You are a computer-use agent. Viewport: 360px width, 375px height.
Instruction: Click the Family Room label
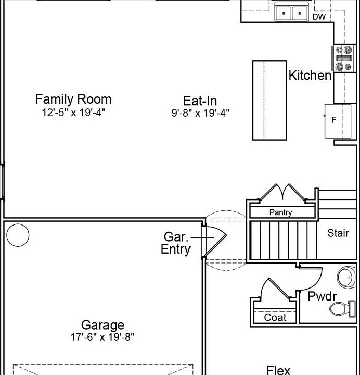pos(73,99)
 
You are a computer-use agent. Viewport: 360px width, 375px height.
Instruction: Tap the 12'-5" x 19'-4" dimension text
pos(73,112)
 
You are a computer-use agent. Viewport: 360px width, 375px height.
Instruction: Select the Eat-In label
pos(200,101)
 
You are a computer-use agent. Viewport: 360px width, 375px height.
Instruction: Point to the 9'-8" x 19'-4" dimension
pos(200,113)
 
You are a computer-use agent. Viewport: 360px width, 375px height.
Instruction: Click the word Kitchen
pos(310,76)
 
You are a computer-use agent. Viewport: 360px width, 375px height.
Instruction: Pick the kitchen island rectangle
pos(269,101)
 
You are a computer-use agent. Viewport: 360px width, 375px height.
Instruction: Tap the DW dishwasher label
pos(319,17)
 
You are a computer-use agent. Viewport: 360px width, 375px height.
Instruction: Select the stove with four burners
pos(344,58)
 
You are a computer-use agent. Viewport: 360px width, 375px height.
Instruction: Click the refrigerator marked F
pos(337,121)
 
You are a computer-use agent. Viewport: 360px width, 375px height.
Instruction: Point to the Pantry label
pos(281,213)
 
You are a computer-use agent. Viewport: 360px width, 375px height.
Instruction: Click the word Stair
pos(338,233)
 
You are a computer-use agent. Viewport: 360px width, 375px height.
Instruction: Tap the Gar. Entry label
pos(176,243)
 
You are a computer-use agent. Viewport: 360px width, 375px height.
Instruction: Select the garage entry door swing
pos(214,242)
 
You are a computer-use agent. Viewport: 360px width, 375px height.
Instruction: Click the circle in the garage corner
pos(18,235)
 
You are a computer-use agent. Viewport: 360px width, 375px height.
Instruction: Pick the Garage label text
pos(102,325)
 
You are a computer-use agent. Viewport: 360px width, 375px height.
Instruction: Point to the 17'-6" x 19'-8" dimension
pos(102,337)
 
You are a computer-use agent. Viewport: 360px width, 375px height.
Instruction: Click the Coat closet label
pos(275,318)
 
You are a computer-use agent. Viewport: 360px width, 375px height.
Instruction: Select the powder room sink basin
pos(347,278)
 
